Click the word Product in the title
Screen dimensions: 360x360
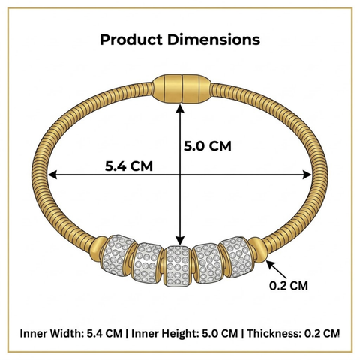pyautogui.click(x=131, y=40)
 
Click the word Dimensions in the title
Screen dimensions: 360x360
pyautogui.click(x=214, y=40)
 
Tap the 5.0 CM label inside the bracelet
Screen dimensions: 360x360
pyautogui.click(x=208, y=146)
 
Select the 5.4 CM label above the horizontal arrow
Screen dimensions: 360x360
pyautogui.click(x=129, y=166)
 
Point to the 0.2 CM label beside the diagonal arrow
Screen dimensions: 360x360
pyautogui.click(x=289, y=286)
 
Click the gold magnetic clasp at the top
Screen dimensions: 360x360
pyautogui.click(x=182, y=88)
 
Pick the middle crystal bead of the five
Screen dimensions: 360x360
pyautogui.click(x=177, y=265)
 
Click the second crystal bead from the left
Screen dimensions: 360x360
pyautogui.click(x=147, y=262)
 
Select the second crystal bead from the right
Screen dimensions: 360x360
pyautogui.click(x=208, y=263)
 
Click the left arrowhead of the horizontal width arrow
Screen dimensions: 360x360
pyautogui.click(x=52, y=175)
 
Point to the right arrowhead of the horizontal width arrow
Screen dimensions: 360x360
pyautogui.click(x=307, y=175)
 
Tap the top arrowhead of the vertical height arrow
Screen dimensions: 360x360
pyautogui.click(x=180, y=109)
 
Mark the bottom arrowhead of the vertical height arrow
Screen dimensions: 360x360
pyautogui.click(x=180, y=241)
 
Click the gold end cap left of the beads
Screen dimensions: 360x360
pyautogui.click(x=98, y=248)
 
